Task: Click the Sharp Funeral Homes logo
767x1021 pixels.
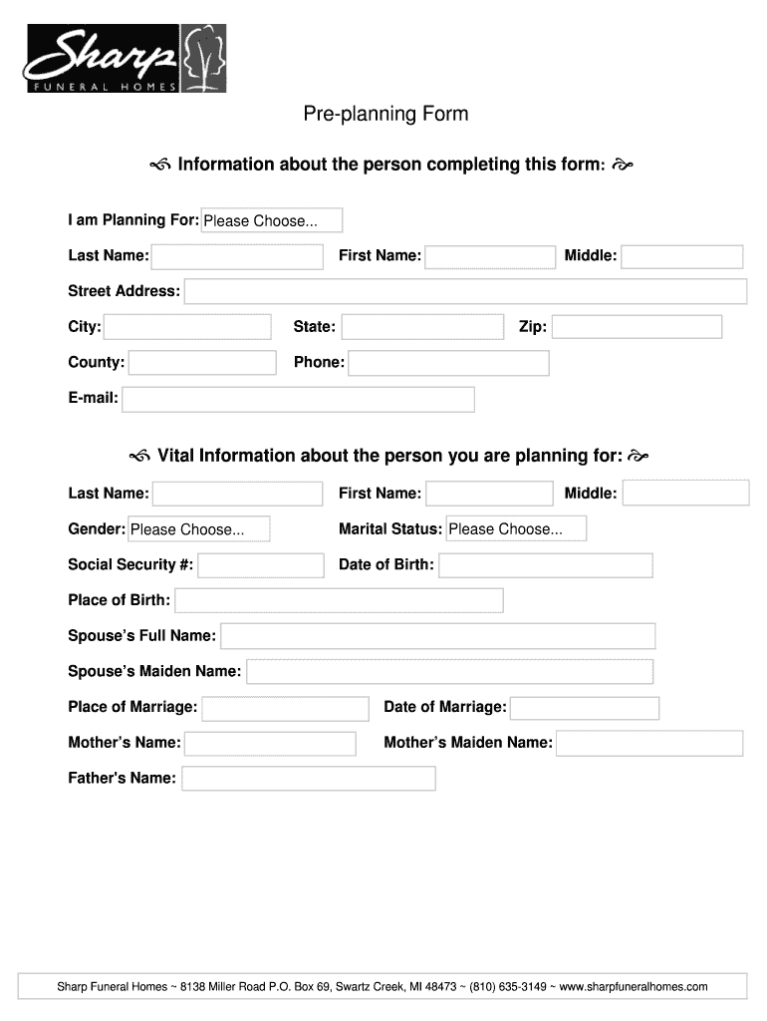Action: click(x=126, y=58)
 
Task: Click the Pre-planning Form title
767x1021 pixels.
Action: click(x=385, y=115)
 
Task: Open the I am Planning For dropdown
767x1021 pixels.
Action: click(x=272, y=220)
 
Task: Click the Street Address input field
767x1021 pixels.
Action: click(x=465, y=291)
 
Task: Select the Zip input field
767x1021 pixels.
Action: click(x=637, y=327)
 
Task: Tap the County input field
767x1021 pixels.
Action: click(x=202, y=363)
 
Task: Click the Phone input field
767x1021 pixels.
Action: click(x=448, y=363)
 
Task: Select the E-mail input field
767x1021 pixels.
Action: click(x=298, y=399)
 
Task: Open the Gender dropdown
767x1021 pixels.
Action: click(x=198, y=529)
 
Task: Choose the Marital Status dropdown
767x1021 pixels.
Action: click(x=516, y=528)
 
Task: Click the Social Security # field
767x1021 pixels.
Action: click(x=261, y=565)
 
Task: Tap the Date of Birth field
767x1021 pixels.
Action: click(x=546, y=565)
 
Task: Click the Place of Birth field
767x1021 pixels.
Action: click(x=339, y=600)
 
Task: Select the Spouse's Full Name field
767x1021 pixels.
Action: click(x=437, y=636)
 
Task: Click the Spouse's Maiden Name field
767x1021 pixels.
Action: click(x=450, y=672)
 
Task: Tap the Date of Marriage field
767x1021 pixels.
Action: click(x=585, y=708)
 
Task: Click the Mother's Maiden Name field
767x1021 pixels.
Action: click(x=649, y=743)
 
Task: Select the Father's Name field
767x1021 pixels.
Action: click(x=309, y=778)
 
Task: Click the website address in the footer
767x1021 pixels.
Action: click(x=634, y=987)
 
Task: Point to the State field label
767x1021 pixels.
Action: click(x=314, y=327)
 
